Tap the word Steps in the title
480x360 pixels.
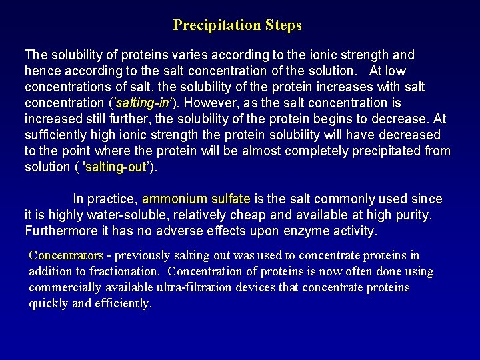tap(283, 25)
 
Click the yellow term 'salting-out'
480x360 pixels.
tap(117, 167)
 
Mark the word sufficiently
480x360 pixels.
tap(57, 135)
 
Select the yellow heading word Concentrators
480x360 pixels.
tap(66, 255)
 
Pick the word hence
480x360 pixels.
tap(40, 71)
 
